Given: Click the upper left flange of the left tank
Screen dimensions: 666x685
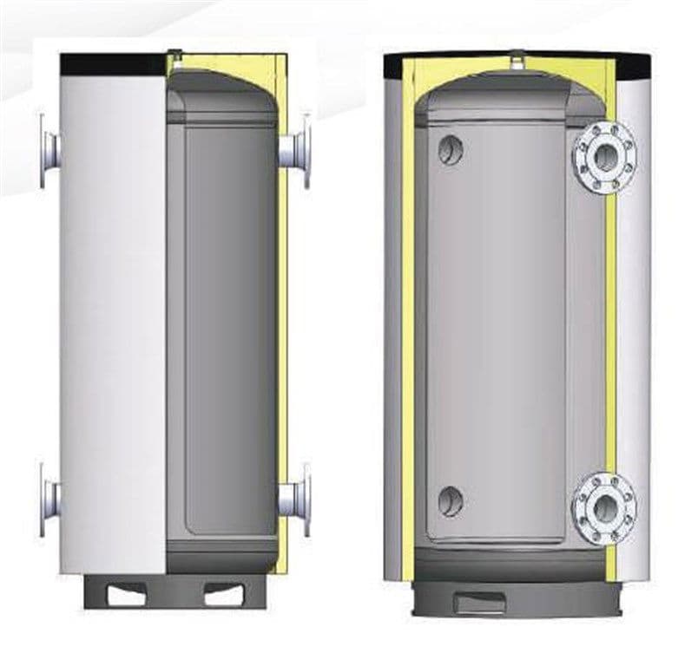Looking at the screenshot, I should click(x=49, y=149).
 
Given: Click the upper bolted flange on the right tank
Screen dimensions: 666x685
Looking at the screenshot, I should click(x=604, y=157).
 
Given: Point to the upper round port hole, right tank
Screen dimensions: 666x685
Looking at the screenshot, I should click(x=451, y=150).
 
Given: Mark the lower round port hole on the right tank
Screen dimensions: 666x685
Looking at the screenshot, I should click(x=451, y=500).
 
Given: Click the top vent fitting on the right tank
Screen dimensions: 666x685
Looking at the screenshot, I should click(x=518, y=58).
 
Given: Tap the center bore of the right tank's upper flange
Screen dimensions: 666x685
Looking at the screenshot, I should click(x=604, y=157).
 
